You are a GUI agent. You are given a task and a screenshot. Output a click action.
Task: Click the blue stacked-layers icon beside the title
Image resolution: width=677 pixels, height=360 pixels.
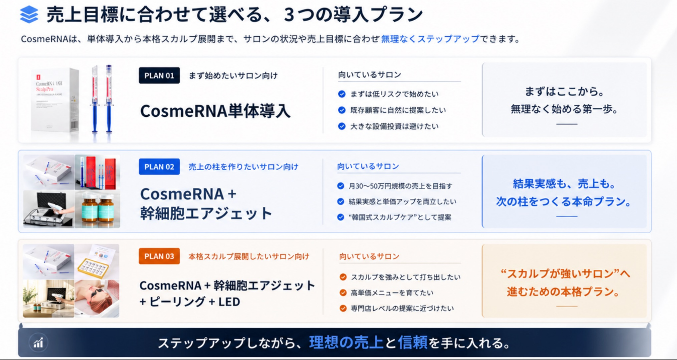(x=29, y=14)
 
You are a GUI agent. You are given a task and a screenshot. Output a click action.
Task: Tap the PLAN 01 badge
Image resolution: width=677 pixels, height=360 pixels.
(x=159, y=75)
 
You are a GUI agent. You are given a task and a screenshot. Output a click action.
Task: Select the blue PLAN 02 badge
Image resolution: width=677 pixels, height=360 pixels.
(x=159, y=167)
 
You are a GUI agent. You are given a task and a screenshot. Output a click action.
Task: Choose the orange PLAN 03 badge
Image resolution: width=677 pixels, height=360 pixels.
(x=159, y=256)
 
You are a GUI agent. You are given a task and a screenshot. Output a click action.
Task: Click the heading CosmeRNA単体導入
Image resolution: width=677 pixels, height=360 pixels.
(x=215, y=111)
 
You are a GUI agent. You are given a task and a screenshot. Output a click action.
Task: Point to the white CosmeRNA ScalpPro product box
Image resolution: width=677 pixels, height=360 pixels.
(x=55, y=103)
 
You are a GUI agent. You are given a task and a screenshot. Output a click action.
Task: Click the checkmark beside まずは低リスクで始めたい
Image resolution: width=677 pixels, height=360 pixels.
(x=342, y=94)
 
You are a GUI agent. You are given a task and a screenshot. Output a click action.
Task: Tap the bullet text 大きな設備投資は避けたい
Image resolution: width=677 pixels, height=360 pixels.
(x=394, y=126)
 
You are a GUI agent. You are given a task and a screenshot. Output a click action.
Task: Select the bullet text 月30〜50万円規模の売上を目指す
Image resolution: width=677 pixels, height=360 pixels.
(x=401, y=186)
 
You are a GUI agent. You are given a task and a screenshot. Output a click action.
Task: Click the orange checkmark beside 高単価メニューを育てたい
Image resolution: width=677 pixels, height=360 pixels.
(x=343, y=293)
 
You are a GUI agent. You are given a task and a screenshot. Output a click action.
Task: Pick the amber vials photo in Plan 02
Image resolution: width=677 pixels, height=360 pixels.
(x=97, y=209)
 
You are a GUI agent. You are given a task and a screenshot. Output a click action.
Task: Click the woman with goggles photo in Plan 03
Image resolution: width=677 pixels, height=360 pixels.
(x=97, y=299)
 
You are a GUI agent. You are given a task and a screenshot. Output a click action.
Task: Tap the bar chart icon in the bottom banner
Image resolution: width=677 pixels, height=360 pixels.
(x=38, y=343)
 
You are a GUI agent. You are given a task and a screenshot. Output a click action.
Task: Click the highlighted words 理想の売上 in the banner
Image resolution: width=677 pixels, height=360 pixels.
(x=346, y=342)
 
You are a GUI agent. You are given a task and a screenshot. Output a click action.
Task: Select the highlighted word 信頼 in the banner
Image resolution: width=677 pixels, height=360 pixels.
(x=413, y=342)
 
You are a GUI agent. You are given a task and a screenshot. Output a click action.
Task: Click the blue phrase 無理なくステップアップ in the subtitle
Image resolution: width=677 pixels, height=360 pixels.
(x=430, y=39)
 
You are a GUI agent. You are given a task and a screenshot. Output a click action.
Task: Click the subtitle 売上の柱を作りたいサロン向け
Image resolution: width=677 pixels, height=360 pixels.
(x=243, y=167)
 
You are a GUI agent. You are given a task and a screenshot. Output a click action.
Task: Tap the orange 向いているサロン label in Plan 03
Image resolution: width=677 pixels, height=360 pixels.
(x=369, y=256)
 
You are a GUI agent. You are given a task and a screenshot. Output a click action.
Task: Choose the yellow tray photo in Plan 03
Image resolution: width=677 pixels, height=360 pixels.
(x=97, y=261)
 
